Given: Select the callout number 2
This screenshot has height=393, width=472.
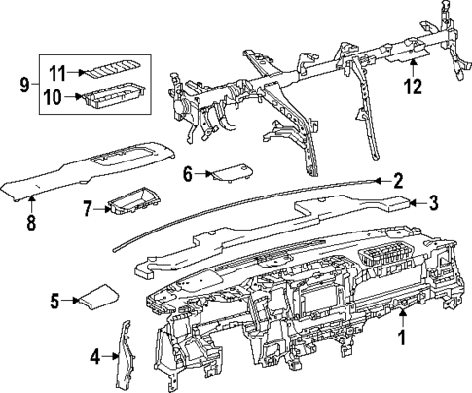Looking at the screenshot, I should point(397,180).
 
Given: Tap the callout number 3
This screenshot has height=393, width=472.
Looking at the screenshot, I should point(433,202).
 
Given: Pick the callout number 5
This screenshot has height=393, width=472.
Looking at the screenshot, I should point(55,302).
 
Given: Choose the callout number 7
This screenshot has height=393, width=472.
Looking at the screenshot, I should point(86,208).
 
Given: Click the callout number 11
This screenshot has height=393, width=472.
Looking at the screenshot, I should point(57,72).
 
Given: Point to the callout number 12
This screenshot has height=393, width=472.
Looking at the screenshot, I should point(415,86).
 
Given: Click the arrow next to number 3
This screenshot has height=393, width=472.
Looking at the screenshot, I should point(414,202).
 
